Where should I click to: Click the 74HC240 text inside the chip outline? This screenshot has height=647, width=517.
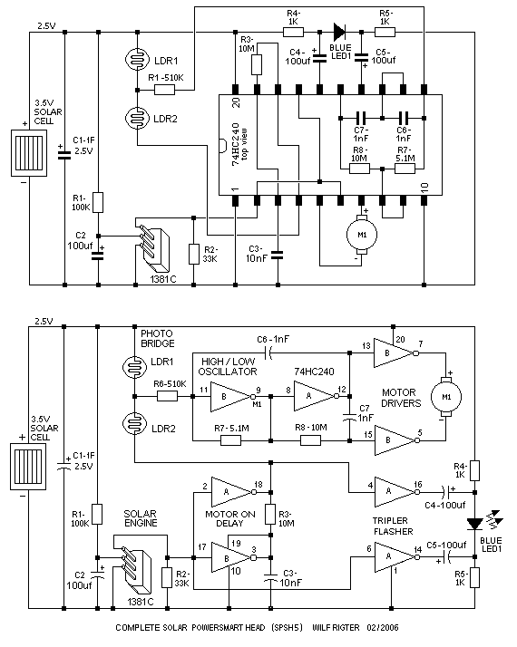(236, 144)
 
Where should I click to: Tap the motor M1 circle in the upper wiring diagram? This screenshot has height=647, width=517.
(362, 235)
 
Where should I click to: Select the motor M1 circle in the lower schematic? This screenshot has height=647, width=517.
(446, 397)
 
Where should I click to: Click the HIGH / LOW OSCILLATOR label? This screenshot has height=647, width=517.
(228, 366)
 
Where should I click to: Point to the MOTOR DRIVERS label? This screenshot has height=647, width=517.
(401, 398)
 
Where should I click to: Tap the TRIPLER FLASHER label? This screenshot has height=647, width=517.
(393, 526)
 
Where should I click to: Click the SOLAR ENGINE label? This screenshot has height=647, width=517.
(141, 518)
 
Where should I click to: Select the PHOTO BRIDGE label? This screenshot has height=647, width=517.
(157, 338)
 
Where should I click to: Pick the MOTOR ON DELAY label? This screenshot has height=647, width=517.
(230, 518)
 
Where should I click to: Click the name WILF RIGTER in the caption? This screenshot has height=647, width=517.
(336, 628)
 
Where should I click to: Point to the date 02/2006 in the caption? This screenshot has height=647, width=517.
(383, 628)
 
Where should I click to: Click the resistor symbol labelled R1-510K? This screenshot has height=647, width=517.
(165, 90)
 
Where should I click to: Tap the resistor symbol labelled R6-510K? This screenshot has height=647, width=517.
(167, 397)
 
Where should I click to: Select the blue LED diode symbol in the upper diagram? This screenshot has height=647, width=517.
(339, 32)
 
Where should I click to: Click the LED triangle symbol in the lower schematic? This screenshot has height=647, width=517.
(475, 524)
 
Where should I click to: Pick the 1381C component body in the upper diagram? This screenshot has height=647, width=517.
(153, 246)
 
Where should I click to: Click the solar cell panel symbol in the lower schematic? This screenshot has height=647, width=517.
(28, 467)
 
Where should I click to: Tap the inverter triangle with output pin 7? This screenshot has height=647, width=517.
(394, 353)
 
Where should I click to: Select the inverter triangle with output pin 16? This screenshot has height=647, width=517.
(394, 492)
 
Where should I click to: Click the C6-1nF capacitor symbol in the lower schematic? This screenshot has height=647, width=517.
(268, 353)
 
